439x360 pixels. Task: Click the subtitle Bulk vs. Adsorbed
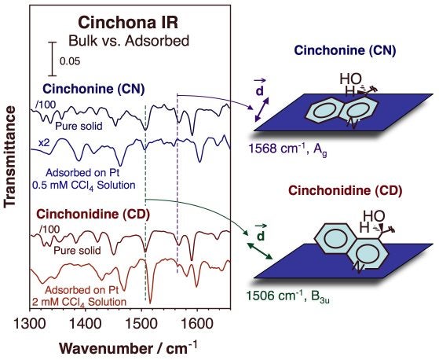coord(130,39)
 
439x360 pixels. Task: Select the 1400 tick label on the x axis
coord(85,323)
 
